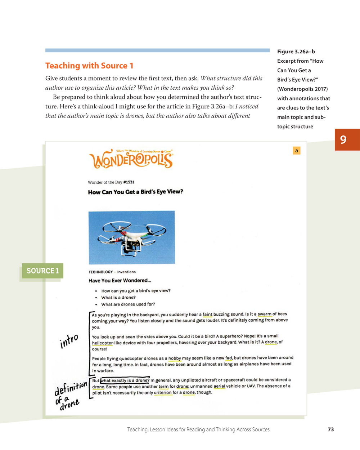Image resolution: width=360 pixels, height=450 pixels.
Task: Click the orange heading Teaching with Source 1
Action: click(89, 66)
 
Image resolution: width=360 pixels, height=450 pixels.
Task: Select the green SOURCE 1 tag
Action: click(42, 271)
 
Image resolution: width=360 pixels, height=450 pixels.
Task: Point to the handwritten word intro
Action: click(69, 341)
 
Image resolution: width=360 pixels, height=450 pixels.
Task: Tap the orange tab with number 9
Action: click(343, 139)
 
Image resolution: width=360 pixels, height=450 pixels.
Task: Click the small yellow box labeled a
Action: click(297, 151)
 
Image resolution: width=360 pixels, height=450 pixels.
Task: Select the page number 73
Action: click(331, 429)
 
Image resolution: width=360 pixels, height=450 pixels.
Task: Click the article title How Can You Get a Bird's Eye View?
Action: click(135, 192)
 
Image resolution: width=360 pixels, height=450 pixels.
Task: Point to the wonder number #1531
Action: click(129, 182)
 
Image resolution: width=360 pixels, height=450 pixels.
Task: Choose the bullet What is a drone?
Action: click(118, 298)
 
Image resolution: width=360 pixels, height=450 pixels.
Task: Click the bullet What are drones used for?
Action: click(128, 304)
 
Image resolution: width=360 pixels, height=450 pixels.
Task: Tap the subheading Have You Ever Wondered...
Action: click(120, 281)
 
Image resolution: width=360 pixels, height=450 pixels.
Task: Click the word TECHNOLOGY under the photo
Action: click(101, 272)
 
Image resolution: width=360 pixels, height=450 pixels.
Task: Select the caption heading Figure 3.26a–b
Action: click(296, 52)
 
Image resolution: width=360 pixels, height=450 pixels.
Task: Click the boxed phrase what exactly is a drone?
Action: click(125, 380)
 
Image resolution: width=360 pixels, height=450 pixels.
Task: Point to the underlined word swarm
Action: click(264, 314)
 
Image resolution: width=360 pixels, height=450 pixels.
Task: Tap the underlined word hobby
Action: click(175, 358)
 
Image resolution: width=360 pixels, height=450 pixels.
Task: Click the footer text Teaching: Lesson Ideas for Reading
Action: click(198, 429)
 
